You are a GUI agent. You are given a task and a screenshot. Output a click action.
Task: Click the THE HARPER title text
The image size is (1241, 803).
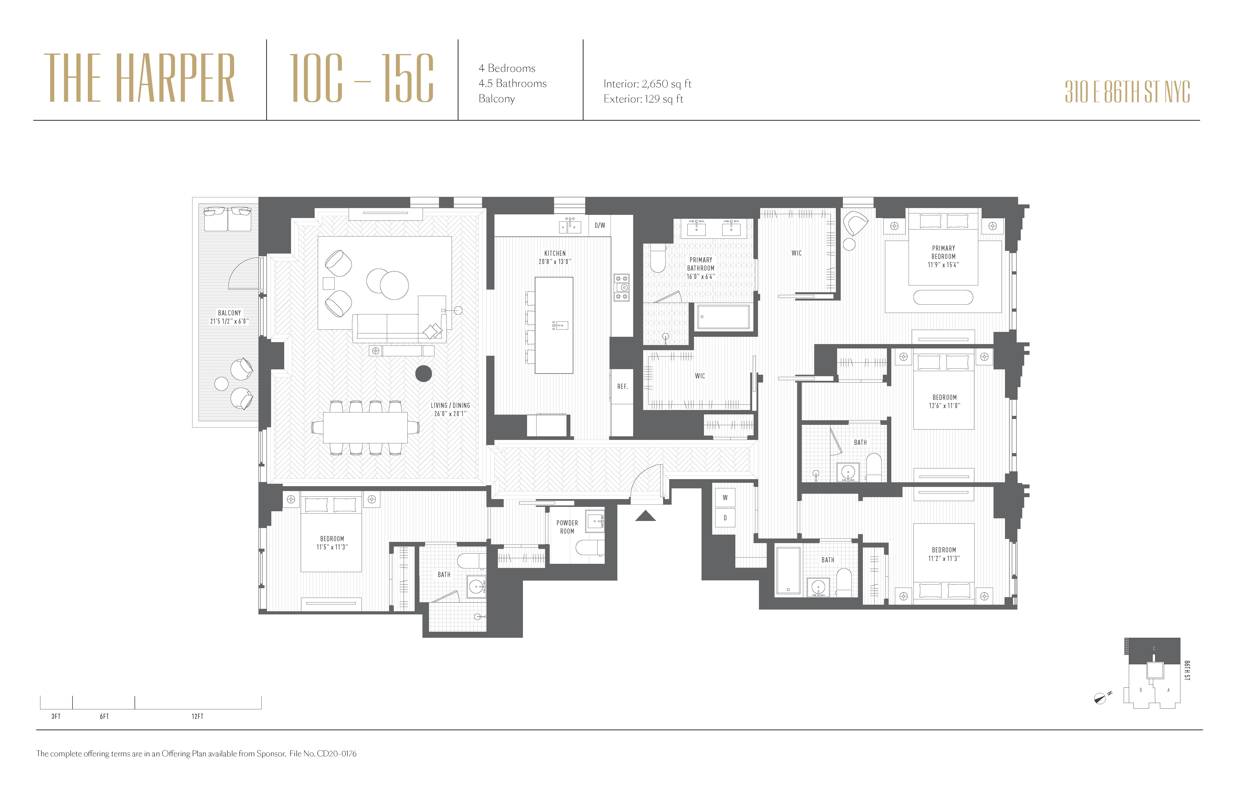tap(140, 78)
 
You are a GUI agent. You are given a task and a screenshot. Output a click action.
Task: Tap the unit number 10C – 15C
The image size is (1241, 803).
tap(361, 78)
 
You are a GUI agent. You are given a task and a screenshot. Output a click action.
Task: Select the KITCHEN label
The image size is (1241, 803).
tap(555, 253)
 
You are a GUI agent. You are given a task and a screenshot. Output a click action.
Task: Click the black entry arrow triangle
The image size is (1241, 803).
tap(646, 516)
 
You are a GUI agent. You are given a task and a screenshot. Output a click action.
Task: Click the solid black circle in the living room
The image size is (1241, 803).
tap(423, 373)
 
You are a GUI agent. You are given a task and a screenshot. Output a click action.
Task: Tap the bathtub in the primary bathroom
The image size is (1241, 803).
tap(723, 317)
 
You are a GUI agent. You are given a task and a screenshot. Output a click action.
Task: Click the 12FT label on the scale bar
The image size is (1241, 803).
tap(197, 716)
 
